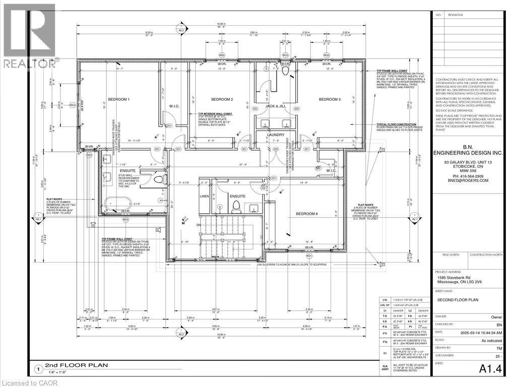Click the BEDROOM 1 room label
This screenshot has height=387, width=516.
[x=118, y=99]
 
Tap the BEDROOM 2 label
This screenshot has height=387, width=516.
[x=221, y=99]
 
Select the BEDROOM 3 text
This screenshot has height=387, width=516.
[x=330, y=99]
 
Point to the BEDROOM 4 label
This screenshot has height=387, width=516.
[x=307, y=214]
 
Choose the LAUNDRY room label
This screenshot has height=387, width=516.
[x=276, y=135]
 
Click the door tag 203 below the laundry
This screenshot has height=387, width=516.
[x=275, y=150]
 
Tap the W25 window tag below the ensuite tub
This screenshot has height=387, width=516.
[x=125, y=220]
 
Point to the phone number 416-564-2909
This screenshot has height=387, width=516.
[x=469, y=176]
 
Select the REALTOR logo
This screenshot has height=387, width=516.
[x=28, y=35]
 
